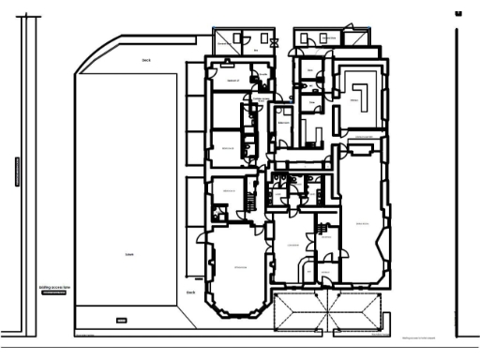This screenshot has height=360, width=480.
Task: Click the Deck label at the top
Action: [x=145, y=59]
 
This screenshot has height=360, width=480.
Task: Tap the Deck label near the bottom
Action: [x=190, y=292]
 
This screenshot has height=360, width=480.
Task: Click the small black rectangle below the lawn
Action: [x=120, y=321]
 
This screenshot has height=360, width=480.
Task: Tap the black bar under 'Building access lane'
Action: [x=53, y=294]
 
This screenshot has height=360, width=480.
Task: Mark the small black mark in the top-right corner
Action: [x=458, y=13]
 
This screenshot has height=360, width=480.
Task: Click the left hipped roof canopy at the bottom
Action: [x=300, y=311]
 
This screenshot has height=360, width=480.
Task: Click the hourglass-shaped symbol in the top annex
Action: [x=274, y=41]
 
